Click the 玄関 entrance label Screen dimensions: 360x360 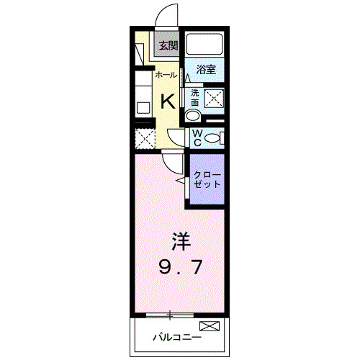168,45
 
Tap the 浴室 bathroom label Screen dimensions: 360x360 207,70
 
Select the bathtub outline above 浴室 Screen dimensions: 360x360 204,45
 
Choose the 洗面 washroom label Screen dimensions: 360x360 194,98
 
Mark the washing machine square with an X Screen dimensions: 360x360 214,99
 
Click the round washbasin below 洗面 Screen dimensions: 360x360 194,116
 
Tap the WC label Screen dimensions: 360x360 195,137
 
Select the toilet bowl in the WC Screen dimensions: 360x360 215,138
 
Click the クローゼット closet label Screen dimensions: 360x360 207,179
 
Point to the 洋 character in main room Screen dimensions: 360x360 179,240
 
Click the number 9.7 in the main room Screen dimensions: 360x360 179,267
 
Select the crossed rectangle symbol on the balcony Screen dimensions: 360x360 209,328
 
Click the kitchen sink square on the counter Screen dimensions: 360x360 143,108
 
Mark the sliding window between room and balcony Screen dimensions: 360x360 170,314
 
